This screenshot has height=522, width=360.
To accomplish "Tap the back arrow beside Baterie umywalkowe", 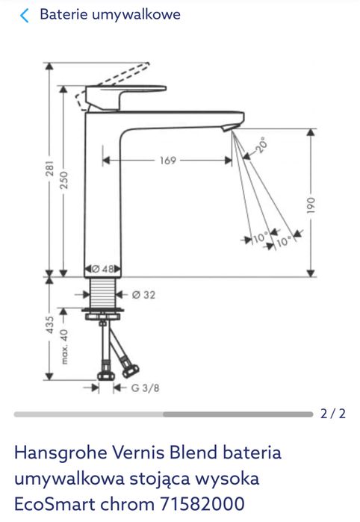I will click(25, 15).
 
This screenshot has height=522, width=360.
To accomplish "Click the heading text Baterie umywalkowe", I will click(109, 15).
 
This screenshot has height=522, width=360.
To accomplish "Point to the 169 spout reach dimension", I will click(167, 160).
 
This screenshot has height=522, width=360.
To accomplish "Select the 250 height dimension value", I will click(65, 180).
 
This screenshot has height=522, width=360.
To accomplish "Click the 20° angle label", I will click(261, 145).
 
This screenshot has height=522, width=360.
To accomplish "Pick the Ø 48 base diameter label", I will click(104, 269).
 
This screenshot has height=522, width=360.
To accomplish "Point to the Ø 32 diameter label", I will click(143, 295).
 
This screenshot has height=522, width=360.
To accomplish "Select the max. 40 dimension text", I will click(65, 346).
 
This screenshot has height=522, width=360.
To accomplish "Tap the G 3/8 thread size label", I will click(146, 388).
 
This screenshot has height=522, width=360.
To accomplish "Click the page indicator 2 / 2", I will click(333, 413).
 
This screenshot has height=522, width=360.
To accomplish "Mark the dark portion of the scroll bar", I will click(238, 414).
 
